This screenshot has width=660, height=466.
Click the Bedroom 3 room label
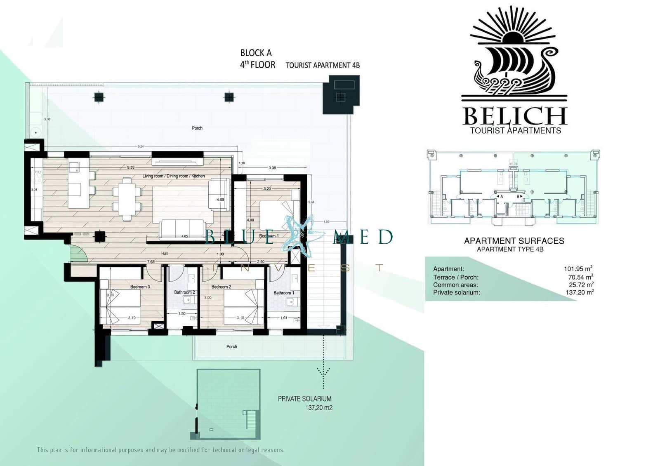pyautogui.click(x=140, y=287)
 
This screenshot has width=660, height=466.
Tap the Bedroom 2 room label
pyautogui.click(x=221, y=287)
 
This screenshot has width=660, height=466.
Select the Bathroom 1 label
pyautogui.click(x=284, y=293)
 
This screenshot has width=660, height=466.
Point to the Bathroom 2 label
pyautogui.click(x=184, y=292)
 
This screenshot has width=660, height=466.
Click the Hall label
pyautogui.click(x=165, y=254)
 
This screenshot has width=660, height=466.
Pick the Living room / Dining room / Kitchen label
pyautogui.click(x=173, y=176)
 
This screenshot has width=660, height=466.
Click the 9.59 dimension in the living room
pyautogui.click(x=131, y=167)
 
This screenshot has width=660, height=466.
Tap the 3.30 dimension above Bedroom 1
pyautogui.click(x=272, y=168)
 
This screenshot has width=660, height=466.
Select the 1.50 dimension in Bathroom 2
pyautogui.click(x=182, y=314)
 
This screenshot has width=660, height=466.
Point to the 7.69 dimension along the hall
pyautogui.click(x=151, y=262)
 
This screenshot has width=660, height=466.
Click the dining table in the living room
pyautogui.click(x=127, y=199)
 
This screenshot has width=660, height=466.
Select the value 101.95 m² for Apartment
pyautogui.click(x=578, y=269)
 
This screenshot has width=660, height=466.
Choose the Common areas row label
pyautogui.click(x=455, y=285)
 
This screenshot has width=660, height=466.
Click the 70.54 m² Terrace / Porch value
pyautogui.click(x=580, y=277)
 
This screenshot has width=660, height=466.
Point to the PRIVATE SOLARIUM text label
pyautogui.click(x=304, y=399)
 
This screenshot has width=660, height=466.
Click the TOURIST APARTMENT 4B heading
pyautogui.click(x=323, y=65)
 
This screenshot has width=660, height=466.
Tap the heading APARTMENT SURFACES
pyautogui.click(x=514, y=241)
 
